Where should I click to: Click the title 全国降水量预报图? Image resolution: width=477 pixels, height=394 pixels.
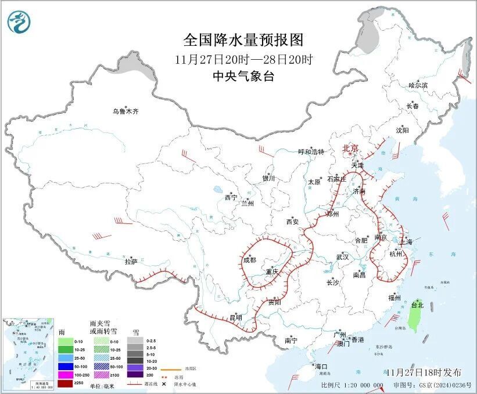click(243, 39)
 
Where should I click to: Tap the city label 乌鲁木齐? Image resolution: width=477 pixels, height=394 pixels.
click(126, 111)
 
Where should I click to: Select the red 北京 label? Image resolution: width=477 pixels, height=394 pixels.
click(352, 149)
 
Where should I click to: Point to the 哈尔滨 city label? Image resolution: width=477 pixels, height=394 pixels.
click(418, 85)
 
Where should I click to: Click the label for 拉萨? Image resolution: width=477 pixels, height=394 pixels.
click(131, 262)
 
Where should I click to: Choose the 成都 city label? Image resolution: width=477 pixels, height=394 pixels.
click(250, 261)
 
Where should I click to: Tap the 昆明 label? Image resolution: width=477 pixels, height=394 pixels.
click(235, 317)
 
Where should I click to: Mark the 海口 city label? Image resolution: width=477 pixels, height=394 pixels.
click(321, 366)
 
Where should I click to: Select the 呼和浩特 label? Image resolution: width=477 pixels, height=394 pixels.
click(311, 151)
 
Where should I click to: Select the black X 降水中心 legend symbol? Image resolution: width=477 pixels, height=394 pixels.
click(172, 384)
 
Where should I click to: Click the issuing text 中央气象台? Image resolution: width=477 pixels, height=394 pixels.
click(243, 76)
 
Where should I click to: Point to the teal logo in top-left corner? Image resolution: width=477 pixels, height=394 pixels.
click(19, 21)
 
